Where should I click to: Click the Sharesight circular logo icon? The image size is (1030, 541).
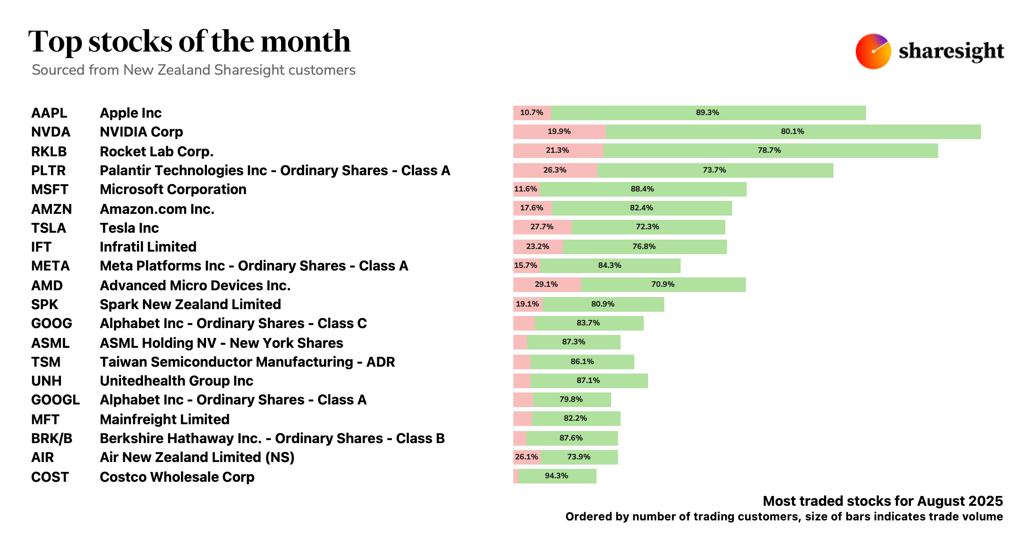pos(873,52)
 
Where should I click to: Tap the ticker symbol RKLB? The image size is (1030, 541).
pos(48,152)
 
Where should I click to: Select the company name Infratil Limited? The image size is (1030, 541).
pos(148,247)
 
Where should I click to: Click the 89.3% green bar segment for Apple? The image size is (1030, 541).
pos(708,113)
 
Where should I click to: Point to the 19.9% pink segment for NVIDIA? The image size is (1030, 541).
pos(559,132)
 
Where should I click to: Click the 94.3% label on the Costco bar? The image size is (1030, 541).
pos(556,476)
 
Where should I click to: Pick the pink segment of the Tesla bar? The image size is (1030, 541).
pos(542,227)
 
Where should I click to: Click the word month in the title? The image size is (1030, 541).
pos(305,42)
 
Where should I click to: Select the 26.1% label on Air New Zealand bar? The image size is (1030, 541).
pos(526,457)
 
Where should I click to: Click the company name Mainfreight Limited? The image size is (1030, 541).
pos(164,419)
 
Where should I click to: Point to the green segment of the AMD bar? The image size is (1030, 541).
pos(663,285)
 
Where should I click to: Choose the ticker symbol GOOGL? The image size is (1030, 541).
pos(55,400)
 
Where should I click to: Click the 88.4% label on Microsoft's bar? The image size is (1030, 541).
pos(642,189)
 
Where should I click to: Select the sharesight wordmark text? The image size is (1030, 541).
pos(951,52)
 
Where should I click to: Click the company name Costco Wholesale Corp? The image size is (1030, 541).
pos(177,477)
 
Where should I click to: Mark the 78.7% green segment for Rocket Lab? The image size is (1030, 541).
pos(770,151)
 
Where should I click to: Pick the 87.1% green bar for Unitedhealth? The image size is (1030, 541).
pos(589,381)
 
